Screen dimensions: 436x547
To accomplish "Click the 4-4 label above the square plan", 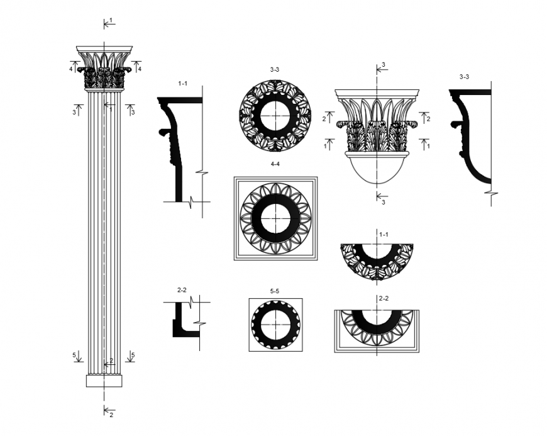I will [275, 165].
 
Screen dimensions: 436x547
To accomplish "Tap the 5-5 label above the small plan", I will [275, 291].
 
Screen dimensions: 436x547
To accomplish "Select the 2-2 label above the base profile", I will [182, 289].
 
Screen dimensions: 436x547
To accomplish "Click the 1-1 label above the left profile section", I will [183, 83].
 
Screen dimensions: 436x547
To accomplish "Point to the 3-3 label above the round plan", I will [275, 69].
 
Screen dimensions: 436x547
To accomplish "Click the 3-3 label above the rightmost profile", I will [464, 76].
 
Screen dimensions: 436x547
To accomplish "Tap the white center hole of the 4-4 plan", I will [275, 218].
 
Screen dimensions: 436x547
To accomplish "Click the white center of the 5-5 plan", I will [275, 325].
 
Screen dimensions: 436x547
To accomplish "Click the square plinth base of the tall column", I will [104, 381].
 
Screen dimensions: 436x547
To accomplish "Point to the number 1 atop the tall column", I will [111, 20].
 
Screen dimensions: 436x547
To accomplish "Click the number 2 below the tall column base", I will [111, 415].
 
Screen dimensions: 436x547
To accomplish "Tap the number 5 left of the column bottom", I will [74, 355].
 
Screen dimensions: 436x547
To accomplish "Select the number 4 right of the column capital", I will [140, 69].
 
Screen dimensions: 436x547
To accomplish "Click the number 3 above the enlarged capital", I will [384, 64].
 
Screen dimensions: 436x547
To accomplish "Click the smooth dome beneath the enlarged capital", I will [376, 169].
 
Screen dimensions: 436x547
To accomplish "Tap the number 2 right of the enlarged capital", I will [429, 118].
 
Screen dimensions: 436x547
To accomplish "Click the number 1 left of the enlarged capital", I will [324, 146].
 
